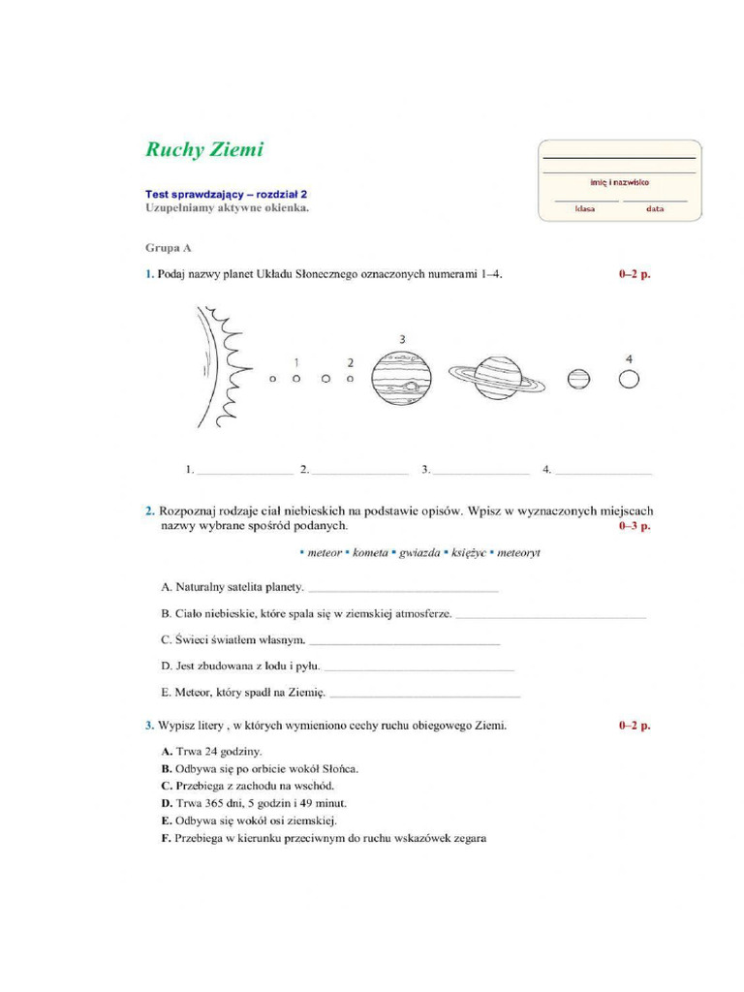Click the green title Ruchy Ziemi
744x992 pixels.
(x=204, y=150)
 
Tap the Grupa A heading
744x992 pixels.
(x=169, y=248)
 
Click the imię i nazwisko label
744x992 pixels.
(x=620, y=181)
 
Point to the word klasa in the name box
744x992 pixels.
(x=585, y=208)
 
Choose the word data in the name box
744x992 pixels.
(x=656, y=208)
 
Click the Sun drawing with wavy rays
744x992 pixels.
(x=218, y=368)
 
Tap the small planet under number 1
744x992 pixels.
(x=296, y=379)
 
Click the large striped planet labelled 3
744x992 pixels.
(x=402, y=379)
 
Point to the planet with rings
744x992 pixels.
(x=496, y=377)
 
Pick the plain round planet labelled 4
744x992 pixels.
(x=629, y=378)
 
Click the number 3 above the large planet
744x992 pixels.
(x=402, y=339)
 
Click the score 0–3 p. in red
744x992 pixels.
(x=635, y=526)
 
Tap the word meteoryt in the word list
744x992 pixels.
(x=518, y=553)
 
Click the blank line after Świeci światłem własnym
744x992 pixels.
(x=404, y=642)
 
